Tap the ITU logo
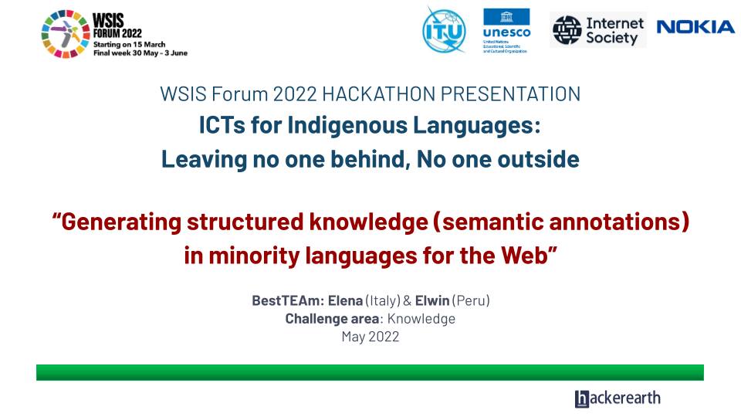[x=445, y=29]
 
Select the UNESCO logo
[x=506, y=31]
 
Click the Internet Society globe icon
[x=567, y=30]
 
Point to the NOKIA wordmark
[x=695, y=28]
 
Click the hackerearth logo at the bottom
[x=617, y=398]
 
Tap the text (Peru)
[x=472, y=300]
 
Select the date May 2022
[x=370, y=336]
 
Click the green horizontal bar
[x=370, y=372]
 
